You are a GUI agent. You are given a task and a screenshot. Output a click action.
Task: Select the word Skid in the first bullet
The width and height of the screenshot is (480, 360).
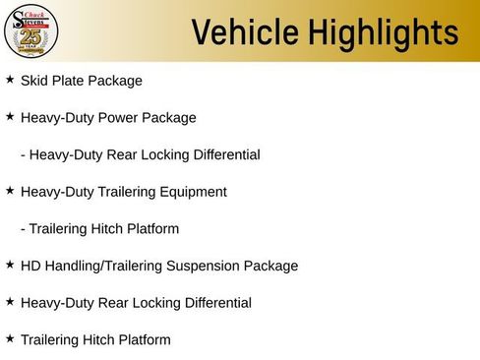coord(34,81)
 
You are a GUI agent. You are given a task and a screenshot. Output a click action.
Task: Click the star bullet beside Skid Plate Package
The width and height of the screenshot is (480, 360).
coord(10,80)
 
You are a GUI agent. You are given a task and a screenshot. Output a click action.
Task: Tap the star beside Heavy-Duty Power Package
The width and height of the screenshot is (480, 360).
coord(10,117)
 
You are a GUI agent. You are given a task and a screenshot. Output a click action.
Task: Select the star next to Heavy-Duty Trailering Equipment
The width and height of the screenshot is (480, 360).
coord(10,191)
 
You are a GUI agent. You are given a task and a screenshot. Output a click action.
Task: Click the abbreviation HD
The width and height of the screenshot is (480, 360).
coord(30,266)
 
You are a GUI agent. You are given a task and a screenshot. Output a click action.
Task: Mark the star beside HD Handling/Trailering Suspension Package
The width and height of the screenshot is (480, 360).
coord(10,265)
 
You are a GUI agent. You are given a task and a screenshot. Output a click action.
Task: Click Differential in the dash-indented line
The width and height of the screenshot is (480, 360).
coord(225,154)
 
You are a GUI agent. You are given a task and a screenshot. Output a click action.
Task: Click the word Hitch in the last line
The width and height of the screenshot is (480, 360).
coord(103,339)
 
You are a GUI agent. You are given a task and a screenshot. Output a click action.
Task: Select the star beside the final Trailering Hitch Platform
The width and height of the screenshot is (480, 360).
coord(10,338)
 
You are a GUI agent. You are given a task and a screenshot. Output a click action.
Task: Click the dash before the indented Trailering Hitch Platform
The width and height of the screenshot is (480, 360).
coord(23,229)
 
